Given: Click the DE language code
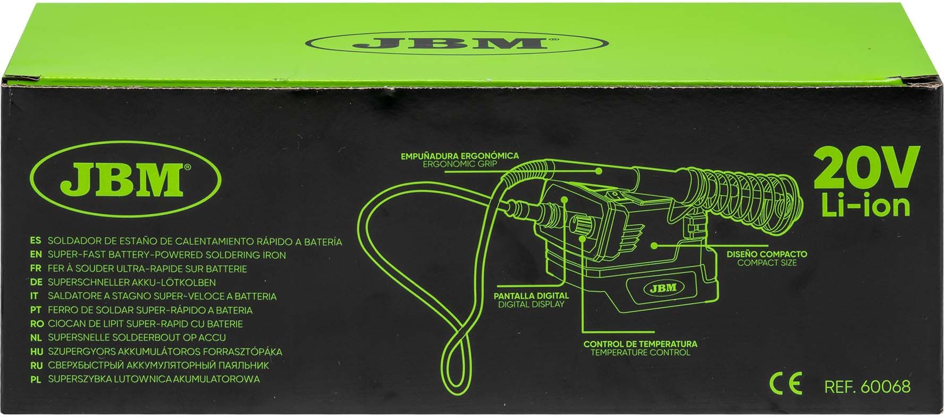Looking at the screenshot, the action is (37, 283).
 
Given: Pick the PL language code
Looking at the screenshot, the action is (36, 380).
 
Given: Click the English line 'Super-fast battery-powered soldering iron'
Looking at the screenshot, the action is (167, 255).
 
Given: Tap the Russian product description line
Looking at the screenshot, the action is (158, 366).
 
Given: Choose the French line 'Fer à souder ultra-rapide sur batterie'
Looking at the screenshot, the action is (147, 269).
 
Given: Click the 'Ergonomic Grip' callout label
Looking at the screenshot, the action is (460, 164).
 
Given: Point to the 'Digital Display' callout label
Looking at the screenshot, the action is (531, 305).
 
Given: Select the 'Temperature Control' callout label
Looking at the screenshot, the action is (640, 352).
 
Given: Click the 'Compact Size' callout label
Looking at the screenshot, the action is (767, 263).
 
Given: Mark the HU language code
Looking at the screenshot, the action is (37, 352).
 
